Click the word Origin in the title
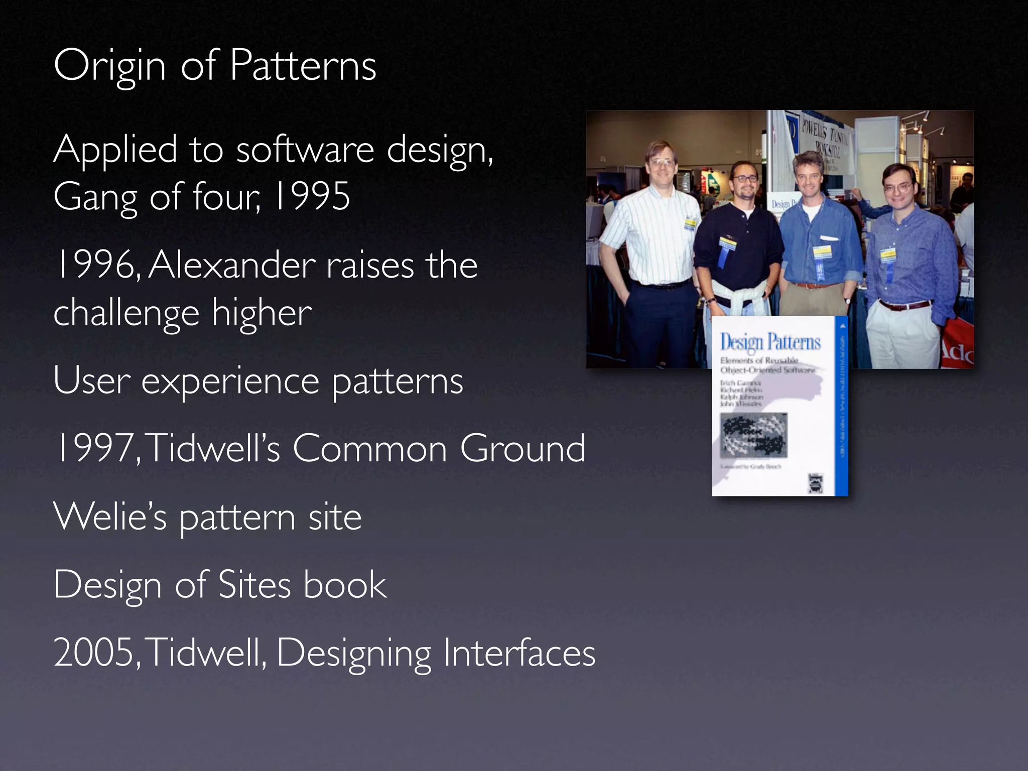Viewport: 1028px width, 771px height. pos(109,67)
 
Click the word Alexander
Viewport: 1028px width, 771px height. pos(232,265)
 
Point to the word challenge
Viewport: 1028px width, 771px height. pos(125,314)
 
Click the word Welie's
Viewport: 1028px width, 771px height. pos(109,517)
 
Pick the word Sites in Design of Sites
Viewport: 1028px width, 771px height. pos(254,585)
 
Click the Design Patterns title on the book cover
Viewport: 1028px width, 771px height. pos(770,342)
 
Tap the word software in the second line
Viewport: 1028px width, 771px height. pos(305,150)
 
